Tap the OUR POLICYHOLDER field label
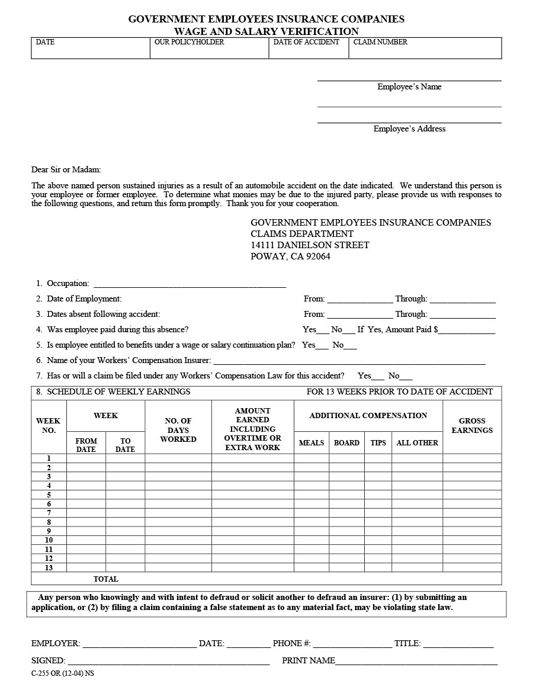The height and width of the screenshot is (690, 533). point(189,42)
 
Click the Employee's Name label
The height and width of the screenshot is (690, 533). point(409,86)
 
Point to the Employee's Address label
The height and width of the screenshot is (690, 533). point(409,129)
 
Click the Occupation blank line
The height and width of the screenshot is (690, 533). point(190,284)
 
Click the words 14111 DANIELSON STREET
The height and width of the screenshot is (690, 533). point(310,245)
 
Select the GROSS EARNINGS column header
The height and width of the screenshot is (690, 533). point(471,426)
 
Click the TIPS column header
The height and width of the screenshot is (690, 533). point(378,442)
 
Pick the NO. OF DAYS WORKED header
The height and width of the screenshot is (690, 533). point(178,430)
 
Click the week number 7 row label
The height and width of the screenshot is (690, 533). point(49,513)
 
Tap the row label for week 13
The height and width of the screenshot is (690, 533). point(49,567)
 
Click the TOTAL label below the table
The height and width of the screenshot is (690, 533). point(105,579)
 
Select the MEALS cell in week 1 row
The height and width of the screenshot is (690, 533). point(312,458)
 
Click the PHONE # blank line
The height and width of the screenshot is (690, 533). point(352,644)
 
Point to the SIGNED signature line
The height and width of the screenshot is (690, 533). point(168,661)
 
